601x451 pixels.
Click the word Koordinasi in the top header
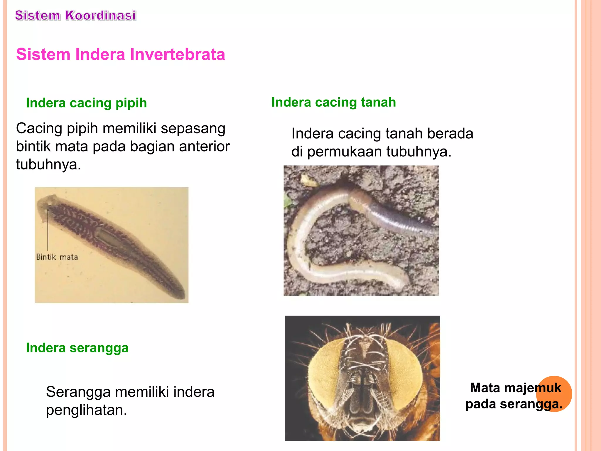pyautogui.click(x=100, y=16)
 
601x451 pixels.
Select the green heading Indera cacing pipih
pyautogui.click(x=86, y=103)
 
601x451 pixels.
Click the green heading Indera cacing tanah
pyautogui.click(x=333, y=102)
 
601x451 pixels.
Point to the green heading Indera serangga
pyautogui.click(x=77, y=348)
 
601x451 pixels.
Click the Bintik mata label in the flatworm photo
pyautogui.click(x=57, y=257)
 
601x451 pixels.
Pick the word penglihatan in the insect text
pyautogui.click(x=86, y=410)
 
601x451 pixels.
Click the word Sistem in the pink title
pyautogui.click(x=43, y=54)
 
